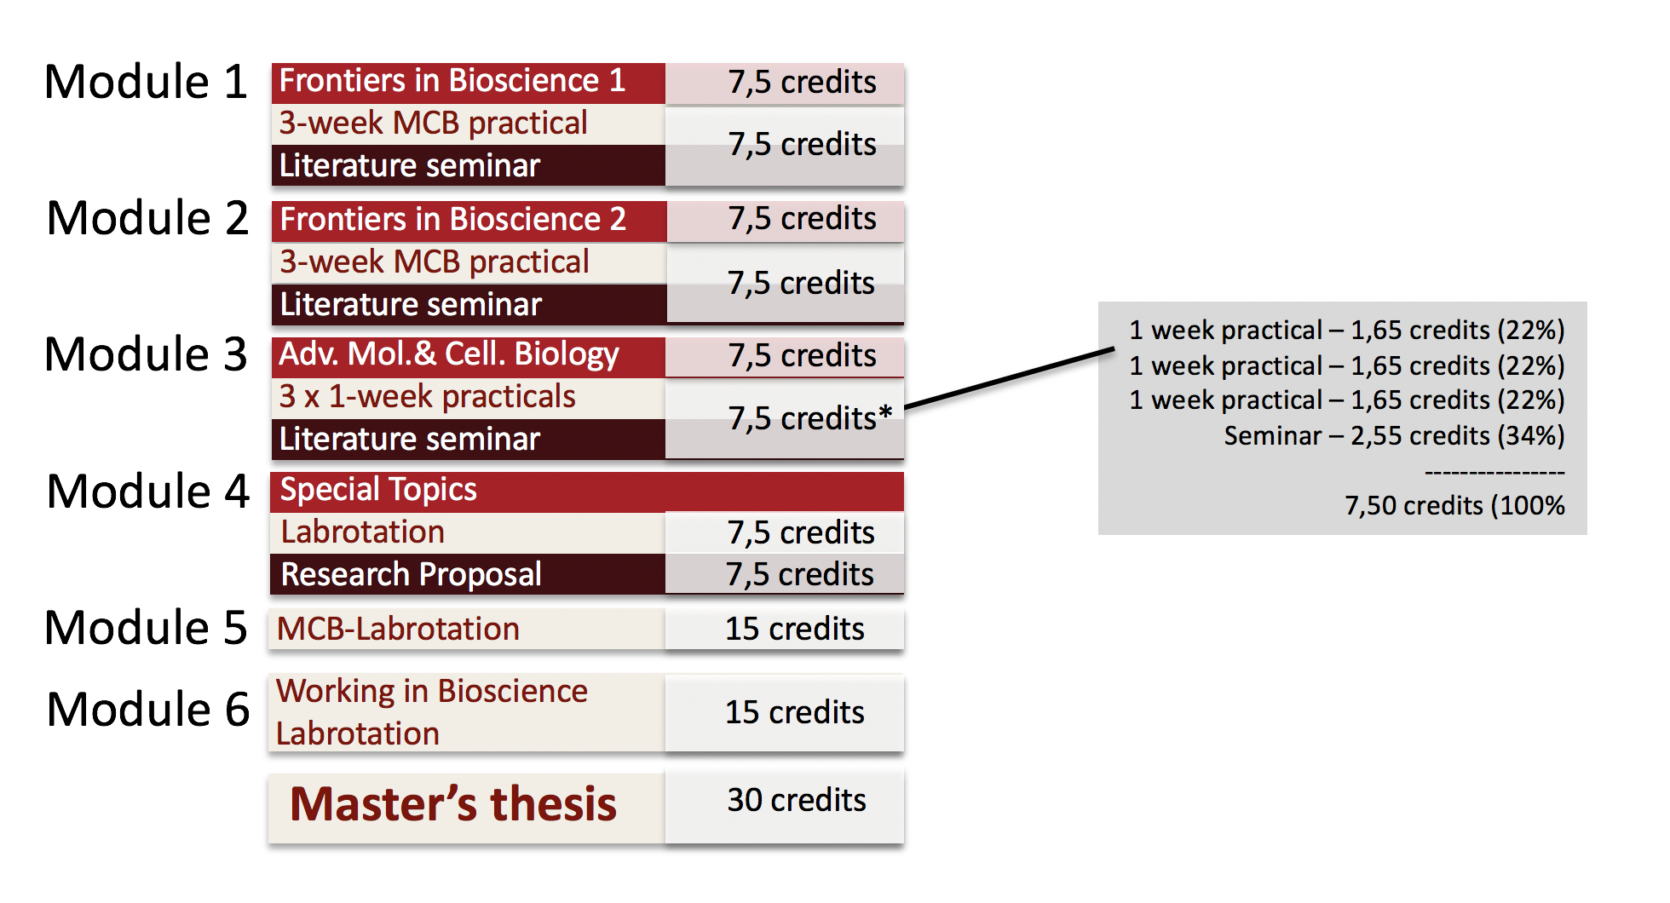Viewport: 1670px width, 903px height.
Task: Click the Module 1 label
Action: tap(146, 83)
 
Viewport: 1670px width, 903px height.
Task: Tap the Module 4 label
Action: tap(148, 492)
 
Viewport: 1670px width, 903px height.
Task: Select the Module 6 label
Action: tap(148, 710)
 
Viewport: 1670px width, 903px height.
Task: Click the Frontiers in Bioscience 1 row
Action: tap(468, 83)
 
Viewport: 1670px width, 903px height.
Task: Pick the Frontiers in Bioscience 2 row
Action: tap(469, 221)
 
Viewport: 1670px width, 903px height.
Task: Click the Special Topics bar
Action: tap(587, 492)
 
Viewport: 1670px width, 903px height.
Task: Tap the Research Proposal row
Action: tap(468, 574)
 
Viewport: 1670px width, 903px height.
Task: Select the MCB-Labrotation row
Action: tap(467, 629)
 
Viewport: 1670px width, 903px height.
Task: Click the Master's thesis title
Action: tap(453, 803)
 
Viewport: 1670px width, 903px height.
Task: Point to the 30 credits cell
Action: tap(785, 806)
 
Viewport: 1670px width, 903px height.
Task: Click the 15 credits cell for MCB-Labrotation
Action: tap(785, 629)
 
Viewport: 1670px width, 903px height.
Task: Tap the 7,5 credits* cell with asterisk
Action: tap(785, 418)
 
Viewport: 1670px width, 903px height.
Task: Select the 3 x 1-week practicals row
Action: tap(468, 398)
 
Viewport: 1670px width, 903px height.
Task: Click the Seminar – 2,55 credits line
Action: tap(1394, 436)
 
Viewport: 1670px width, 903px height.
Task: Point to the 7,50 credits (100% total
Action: tap(1454, 506)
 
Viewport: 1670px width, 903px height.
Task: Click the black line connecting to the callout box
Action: tap(1010, 378)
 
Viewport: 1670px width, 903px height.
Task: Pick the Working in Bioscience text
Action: tap(432, 692)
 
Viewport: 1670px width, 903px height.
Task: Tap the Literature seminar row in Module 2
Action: tap(469, 304)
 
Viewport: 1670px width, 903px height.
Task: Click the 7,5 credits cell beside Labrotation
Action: tap(785, 532)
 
